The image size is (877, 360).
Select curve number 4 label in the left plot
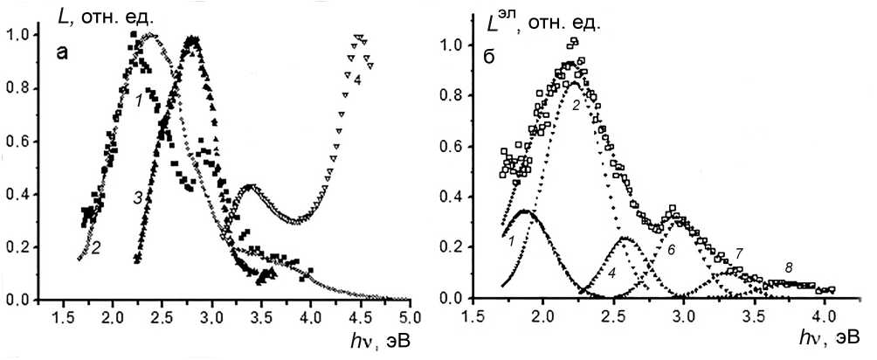pyautogui.click(x=357, y=80)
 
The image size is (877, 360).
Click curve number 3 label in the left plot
pyautogui.click(x=139, y=198)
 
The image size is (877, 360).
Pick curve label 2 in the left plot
pyautogui.click(x=95, y=248)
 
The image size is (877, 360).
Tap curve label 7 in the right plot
pyautogui.click(x=739, y=253)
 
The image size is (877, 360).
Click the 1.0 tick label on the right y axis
pyautogui.click(x=451, y=39)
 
